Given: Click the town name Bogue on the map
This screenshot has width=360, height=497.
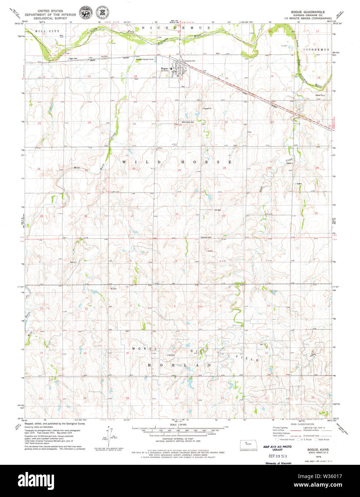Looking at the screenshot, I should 164,68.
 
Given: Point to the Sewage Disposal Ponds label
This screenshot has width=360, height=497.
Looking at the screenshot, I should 145,59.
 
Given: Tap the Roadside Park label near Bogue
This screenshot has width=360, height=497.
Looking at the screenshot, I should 190,61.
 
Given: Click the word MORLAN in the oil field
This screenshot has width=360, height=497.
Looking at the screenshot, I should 177,365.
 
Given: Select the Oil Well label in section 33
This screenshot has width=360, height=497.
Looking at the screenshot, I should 218,210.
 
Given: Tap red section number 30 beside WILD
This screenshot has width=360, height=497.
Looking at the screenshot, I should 133,169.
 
